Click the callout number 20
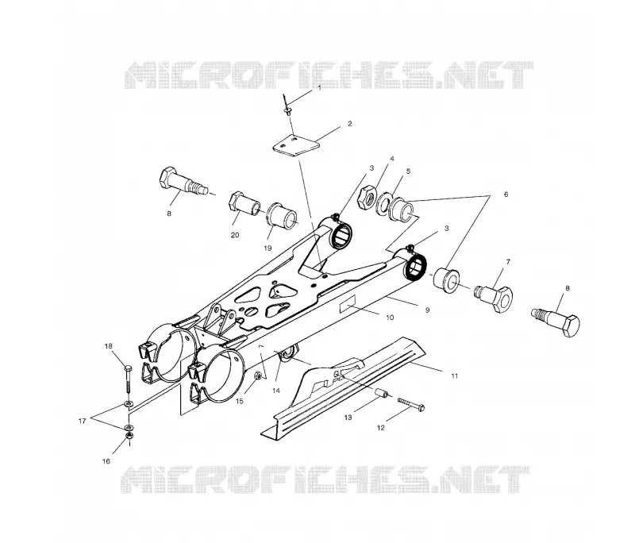235,235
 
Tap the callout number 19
267,248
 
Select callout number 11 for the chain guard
454,375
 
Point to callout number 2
350,124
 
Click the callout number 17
83,421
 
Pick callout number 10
390,318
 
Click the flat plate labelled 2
295,145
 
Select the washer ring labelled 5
383,202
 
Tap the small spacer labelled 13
381,393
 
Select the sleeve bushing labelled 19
282,214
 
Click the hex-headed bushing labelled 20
245,206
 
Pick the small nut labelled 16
129,436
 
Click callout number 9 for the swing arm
427,310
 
